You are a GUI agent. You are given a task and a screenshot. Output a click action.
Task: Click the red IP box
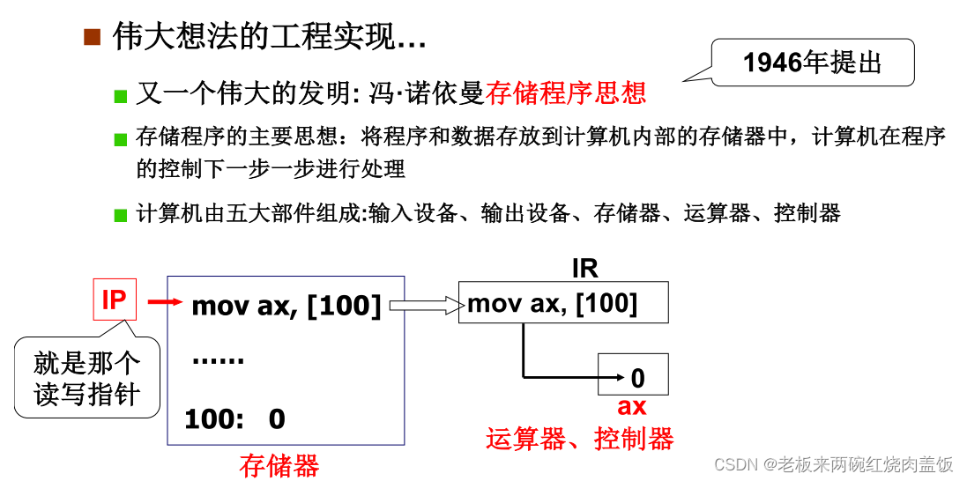click(x=114, y=300)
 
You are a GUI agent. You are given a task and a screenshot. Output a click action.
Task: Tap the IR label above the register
click(x=585, y=269)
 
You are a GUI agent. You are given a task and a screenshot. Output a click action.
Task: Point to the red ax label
click(x=631, y=406)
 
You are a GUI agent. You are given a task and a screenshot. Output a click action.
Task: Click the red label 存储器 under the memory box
click(x=279, y=466)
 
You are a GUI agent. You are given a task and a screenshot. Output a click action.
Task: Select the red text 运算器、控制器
click(x=579, y=438)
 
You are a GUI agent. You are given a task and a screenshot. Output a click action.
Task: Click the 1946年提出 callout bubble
click(x=812, y=63)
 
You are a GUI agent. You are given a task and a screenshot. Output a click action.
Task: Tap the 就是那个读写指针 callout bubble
click(x=87, y=379)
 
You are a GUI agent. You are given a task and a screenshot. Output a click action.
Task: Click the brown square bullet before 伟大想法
click(x=93, y=37)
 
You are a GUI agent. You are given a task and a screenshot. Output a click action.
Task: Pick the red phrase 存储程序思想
click(x=565, y=92)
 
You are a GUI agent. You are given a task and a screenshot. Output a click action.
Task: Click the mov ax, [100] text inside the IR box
click(x=553, y=304)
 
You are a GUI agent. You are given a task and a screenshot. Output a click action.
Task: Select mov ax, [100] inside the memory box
click(x=286, y=306)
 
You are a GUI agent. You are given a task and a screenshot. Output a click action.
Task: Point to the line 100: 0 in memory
click(x=234, y=419)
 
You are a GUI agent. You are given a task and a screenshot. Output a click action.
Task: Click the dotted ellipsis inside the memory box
click(x=218, y=362)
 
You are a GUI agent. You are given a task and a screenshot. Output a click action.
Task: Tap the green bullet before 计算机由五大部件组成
click(x=121, y=215)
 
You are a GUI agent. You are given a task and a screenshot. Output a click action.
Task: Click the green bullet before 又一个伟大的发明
click(x=121, y=95)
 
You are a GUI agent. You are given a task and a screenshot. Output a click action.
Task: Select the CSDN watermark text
click(x=833, y=464)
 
